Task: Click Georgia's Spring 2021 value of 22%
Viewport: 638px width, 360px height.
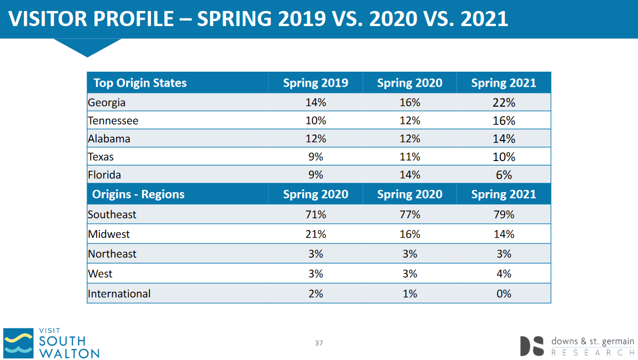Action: [x=504, y=103]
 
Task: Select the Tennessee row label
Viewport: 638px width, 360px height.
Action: [x=113, y=121]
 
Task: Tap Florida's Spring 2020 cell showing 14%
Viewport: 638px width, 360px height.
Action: [x=410, y=174]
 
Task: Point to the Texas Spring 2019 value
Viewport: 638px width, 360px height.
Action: [x=316, y=157]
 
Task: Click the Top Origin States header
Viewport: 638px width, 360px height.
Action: [x=140, y=83]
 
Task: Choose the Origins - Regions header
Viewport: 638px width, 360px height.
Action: [x=138, y=194]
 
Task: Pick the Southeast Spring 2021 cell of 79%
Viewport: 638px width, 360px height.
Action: [x=504, y=214]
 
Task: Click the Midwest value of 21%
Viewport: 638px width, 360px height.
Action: [x=316, y=234]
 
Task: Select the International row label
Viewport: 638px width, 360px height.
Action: [x=119, y=294]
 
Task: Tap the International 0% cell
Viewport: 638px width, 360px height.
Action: [x=504, y=294]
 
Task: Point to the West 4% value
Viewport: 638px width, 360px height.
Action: [x=504, y=274]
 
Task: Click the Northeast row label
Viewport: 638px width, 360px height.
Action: [x=112, y=254]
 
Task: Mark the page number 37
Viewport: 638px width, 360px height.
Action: [x=319, y=343]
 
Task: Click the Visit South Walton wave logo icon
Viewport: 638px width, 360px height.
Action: [x=18, y=343]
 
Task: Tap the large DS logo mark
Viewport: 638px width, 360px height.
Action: [x=532, y=346]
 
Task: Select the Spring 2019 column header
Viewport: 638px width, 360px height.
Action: [x=316, y=83]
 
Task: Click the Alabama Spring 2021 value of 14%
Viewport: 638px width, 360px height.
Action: [x=504, y=139]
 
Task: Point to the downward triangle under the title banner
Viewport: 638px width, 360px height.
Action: [x=87, y=48]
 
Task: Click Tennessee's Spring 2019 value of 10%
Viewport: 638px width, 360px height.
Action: [x=316, y=121]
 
